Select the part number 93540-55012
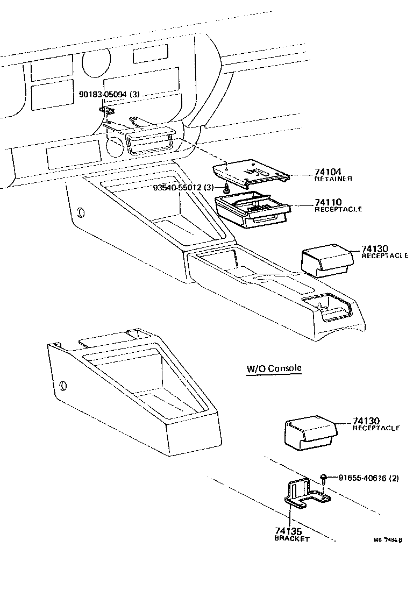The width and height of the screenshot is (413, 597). [177, 187]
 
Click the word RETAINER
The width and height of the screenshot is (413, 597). [333, 179]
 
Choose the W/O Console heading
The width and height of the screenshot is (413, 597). [274, 368]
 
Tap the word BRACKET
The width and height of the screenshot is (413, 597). [292, 539]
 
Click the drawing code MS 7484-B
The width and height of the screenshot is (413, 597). [388, 542]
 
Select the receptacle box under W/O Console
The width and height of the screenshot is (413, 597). [309, 433]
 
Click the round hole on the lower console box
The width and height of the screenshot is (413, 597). [63, 386]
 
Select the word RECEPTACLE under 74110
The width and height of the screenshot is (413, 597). [338, 209]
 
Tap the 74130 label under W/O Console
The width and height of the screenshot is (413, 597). [367, 421]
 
